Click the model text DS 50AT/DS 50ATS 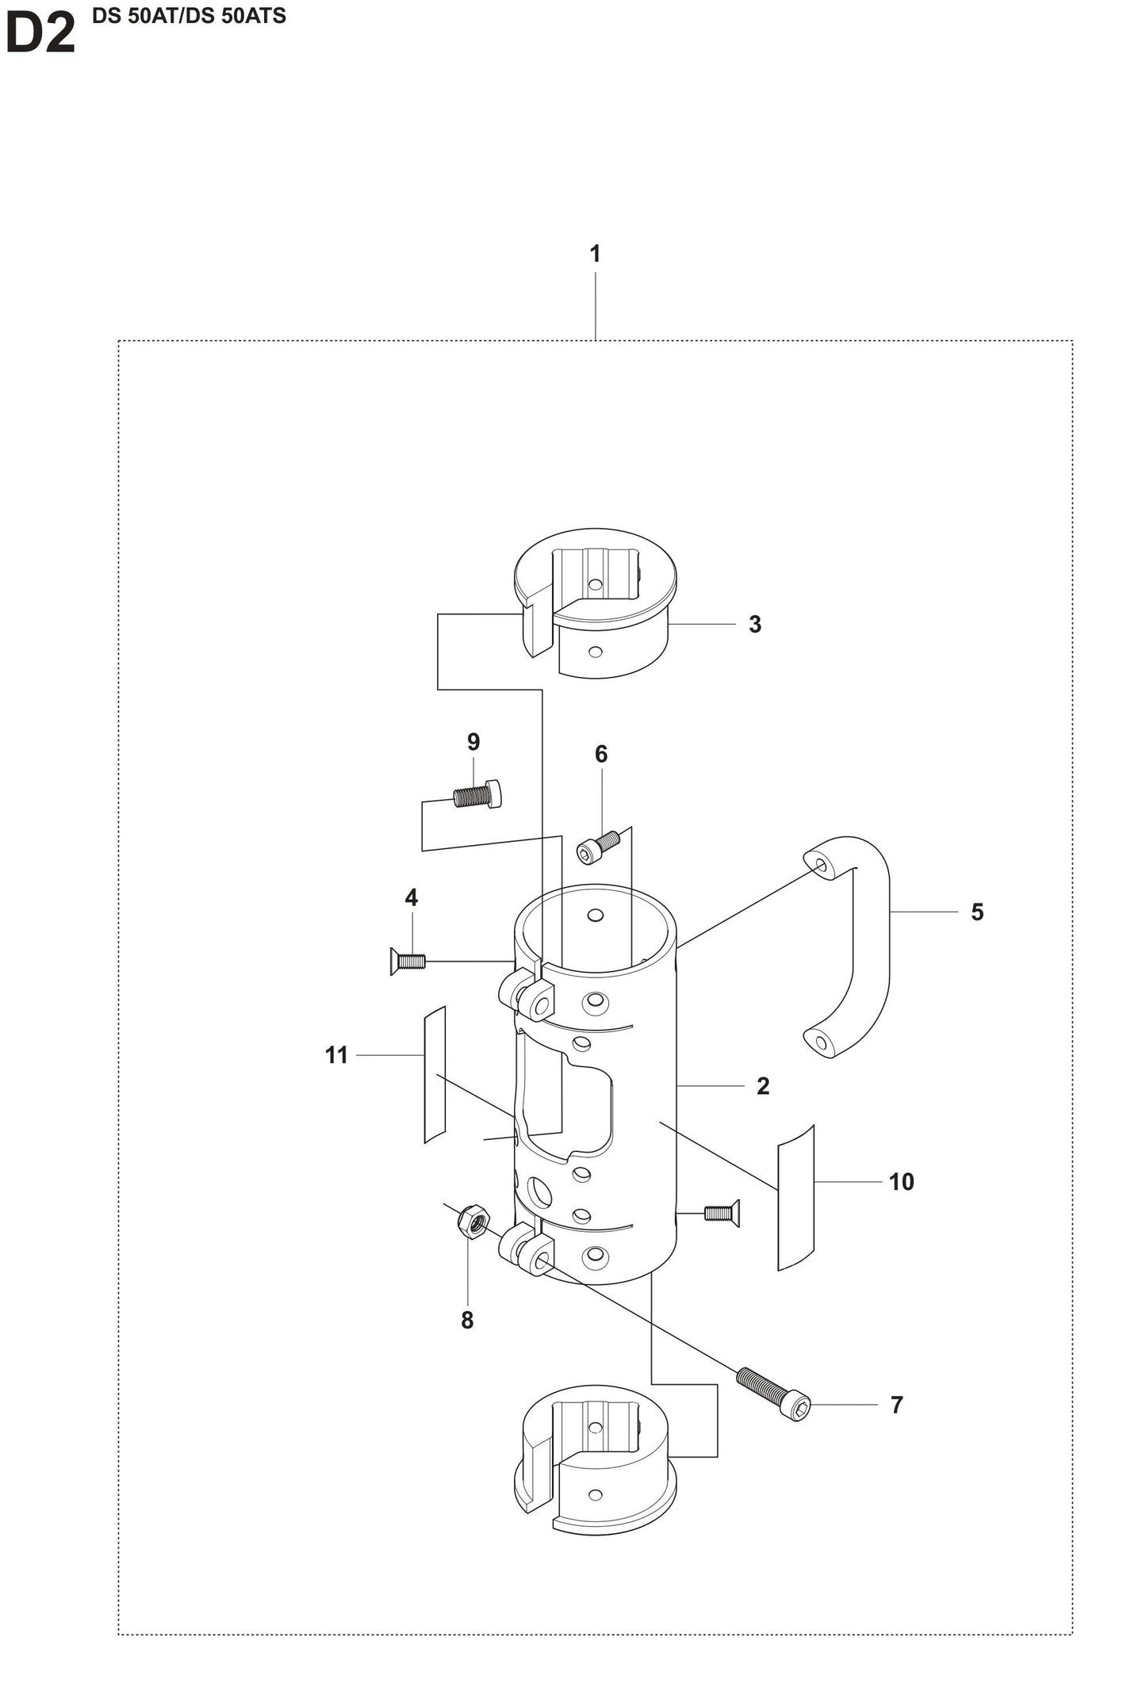click(189, 16)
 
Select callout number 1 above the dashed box click(595, 254)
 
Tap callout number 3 click(754, 625)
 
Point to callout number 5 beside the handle click(977, 912)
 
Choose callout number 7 click(896, 1405)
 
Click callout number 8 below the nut click(467, 1320)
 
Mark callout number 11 click(337, 1055)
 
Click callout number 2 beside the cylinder click(762, 1086)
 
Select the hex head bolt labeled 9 click(477, 794)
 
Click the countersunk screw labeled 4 click(408, 962)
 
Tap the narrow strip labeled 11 click(435, 1074)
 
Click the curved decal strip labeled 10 click(795, 1198)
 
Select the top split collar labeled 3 click(595, 602)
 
